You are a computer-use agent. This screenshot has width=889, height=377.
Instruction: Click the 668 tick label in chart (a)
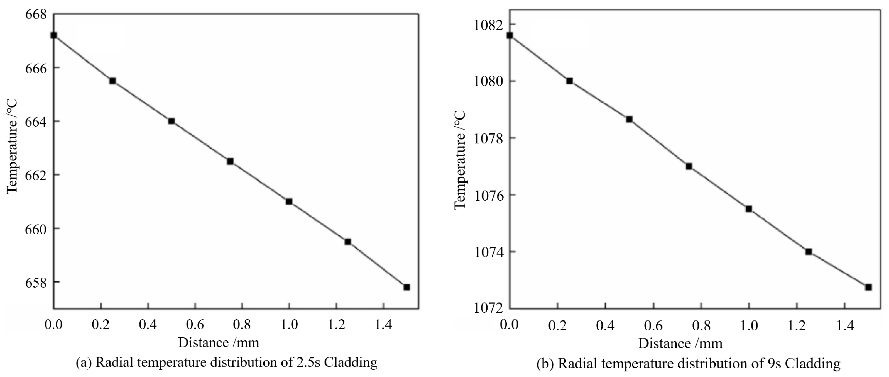click(x=36, y=14)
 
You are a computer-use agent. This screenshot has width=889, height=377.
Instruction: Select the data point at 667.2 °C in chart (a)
click(x=53, y=35)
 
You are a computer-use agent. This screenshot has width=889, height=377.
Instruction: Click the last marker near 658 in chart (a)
click(x=406, y=287)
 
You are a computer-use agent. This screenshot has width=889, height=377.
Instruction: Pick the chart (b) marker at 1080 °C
click(x=569, y=81)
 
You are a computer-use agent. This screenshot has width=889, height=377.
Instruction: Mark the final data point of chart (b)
click(x=868, y=287)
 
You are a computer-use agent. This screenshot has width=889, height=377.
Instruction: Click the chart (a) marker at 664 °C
click(x=172, y=121)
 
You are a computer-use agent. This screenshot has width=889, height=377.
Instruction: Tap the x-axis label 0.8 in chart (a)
click(x=242, y=325)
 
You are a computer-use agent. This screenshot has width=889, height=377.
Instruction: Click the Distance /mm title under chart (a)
click(x=219, y=343)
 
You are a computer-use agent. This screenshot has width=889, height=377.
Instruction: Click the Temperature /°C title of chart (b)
click(x=460, y=160)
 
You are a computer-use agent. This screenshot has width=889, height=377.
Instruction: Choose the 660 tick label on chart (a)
click(x=36, y=229)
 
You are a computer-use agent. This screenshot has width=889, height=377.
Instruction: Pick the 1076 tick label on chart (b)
click(x=488, y=196)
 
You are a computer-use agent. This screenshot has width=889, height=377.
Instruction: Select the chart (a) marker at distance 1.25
click(x=347, y=242)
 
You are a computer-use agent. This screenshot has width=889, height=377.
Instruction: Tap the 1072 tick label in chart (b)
click(x=488, y=308)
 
